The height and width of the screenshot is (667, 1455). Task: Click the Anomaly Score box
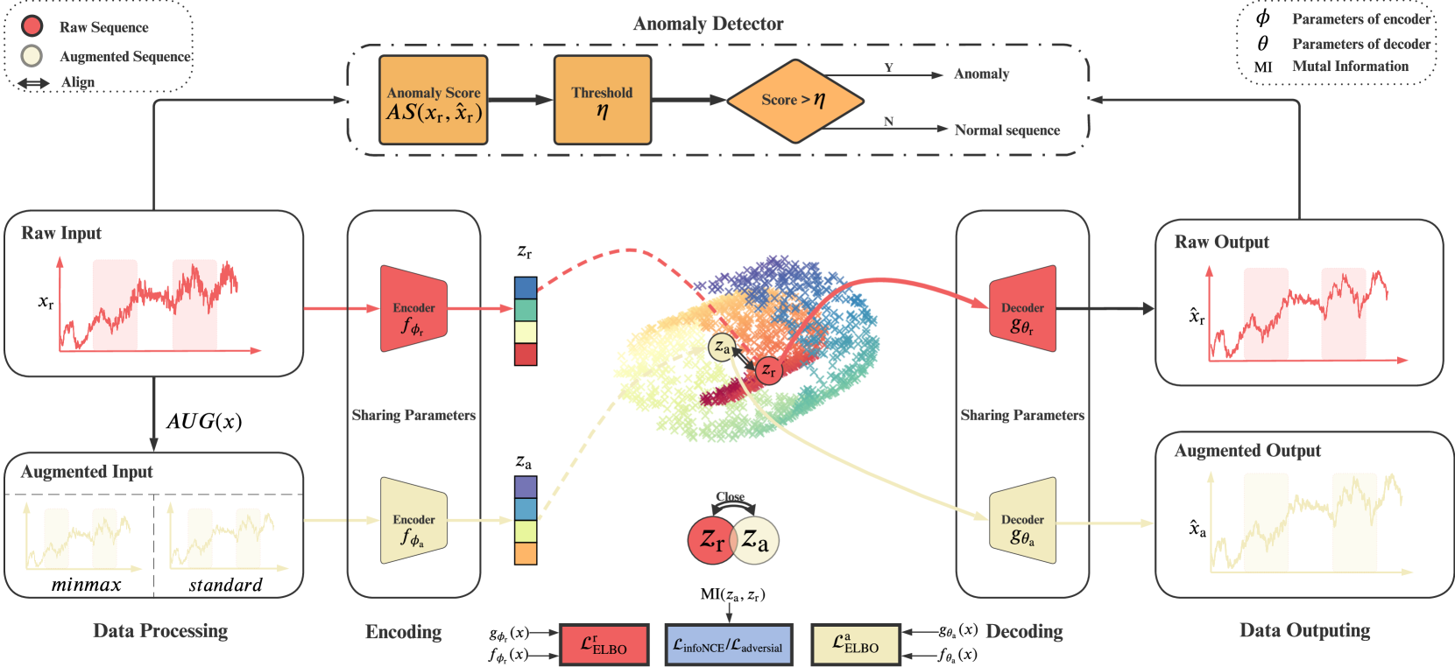click(x=433, y=101)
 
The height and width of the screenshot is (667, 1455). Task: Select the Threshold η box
click(x=602, y=101)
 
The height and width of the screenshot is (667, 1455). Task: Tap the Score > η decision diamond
click(x=795, y=101)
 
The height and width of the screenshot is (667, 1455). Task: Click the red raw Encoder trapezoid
click(x=413, y=309)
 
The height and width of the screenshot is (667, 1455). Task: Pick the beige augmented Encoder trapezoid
click(x=413, y=521)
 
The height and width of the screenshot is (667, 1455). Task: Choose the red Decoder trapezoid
click(x=1022, y=309)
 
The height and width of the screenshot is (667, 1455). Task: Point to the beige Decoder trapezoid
click(x=1022, y=521)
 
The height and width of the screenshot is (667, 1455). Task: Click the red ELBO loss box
click(x=604, y=646)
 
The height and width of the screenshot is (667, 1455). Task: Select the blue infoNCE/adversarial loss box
click(x=728, y=646)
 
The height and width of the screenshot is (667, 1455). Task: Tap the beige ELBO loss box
click(x=855, y=646)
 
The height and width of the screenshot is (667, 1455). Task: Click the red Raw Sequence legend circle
click(x=32, y=26)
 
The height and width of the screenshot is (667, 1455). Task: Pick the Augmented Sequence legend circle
click(x=32, y=55)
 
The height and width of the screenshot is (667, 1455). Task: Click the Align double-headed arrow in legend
click(x=34, y=83)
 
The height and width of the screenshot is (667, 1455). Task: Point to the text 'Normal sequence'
click(x=1006, y=130)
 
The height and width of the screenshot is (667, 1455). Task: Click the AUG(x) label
click(x=204, y=421)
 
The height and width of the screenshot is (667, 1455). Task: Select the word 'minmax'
click(x=86, y=585)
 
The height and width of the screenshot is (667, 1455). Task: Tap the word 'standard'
click(x=225, y=585)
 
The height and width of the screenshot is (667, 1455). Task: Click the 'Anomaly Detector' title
click(x=708, y=24)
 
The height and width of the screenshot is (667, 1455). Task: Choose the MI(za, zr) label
click(x=732, y=595)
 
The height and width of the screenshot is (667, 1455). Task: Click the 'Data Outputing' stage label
click(x=1304, y=630)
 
